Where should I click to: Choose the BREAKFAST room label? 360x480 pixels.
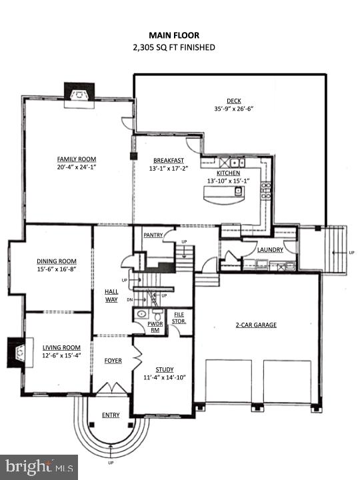point(167,161)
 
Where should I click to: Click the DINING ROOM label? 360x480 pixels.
point(57,261)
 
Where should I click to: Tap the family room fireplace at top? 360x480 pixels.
point(79,94)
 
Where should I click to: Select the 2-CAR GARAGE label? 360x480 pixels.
point(255,325)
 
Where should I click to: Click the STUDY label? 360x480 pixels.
point(164,369)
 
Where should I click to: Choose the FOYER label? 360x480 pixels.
point(113,361)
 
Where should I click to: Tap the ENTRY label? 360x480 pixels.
point(111,415)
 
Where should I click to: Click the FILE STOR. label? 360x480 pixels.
point(179,317)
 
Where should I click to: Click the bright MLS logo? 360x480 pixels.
point(39,467)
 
